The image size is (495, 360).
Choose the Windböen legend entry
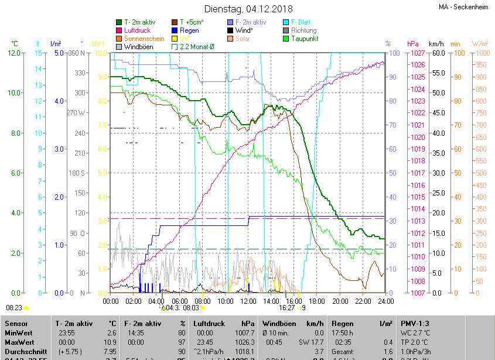(138, 47)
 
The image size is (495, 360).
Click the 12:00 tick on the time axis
(248, 301)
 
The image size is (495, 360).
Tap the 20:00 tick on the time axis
(340, 301)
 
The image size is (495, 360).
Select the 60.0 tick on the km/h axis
(436, 53)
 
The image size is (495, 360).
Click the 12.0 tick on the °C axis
(14, 53)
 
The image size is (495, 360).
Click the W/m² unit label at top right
(480, 44)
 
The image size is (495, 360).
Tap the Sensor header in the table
(16, 323)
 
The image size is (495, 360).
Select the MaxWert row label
(20, 342)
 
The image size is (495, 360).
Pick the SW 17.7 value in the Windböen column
(310, 342)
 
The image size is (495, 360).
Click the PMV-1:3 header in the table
(415, 323)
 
